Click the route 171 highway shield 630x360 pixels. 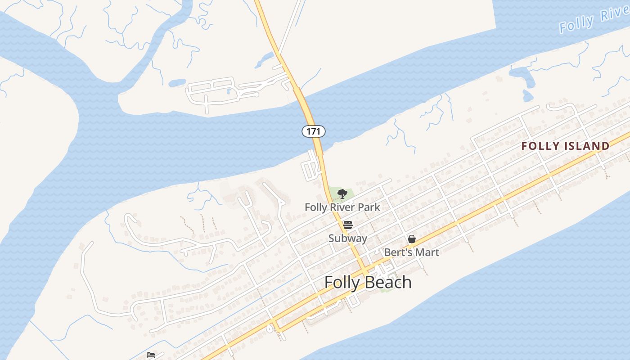pyautogui.click(x=313, y=131)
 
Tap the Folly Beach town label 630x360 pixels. pyautogui.click(x=368, y=282)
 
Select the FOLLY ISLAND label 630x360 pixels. pyautogui.click(x=565, y=146)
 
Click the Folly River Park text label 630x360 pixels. pyautogui.click(x=342, y=207)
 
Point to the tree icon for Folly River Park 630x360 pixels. pyautogui.click(x=342, y=194)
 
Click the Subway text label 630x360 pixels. pyautogui.click(x=347, y=238)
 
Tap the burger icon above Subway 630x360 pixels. pyautogui.click(x=347, y=225)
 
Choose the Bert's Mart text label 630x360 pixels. pyautogui.click(x=411, y=252)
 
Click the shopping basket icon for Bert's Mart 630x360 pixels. pyautogui.click(x=411, y=239)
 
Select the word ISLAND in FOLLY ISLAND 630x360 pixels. pyautogui.click(x=589, y=146)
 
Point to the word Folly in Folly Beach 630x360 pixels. pyautogui.click(x=342, y=282)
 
